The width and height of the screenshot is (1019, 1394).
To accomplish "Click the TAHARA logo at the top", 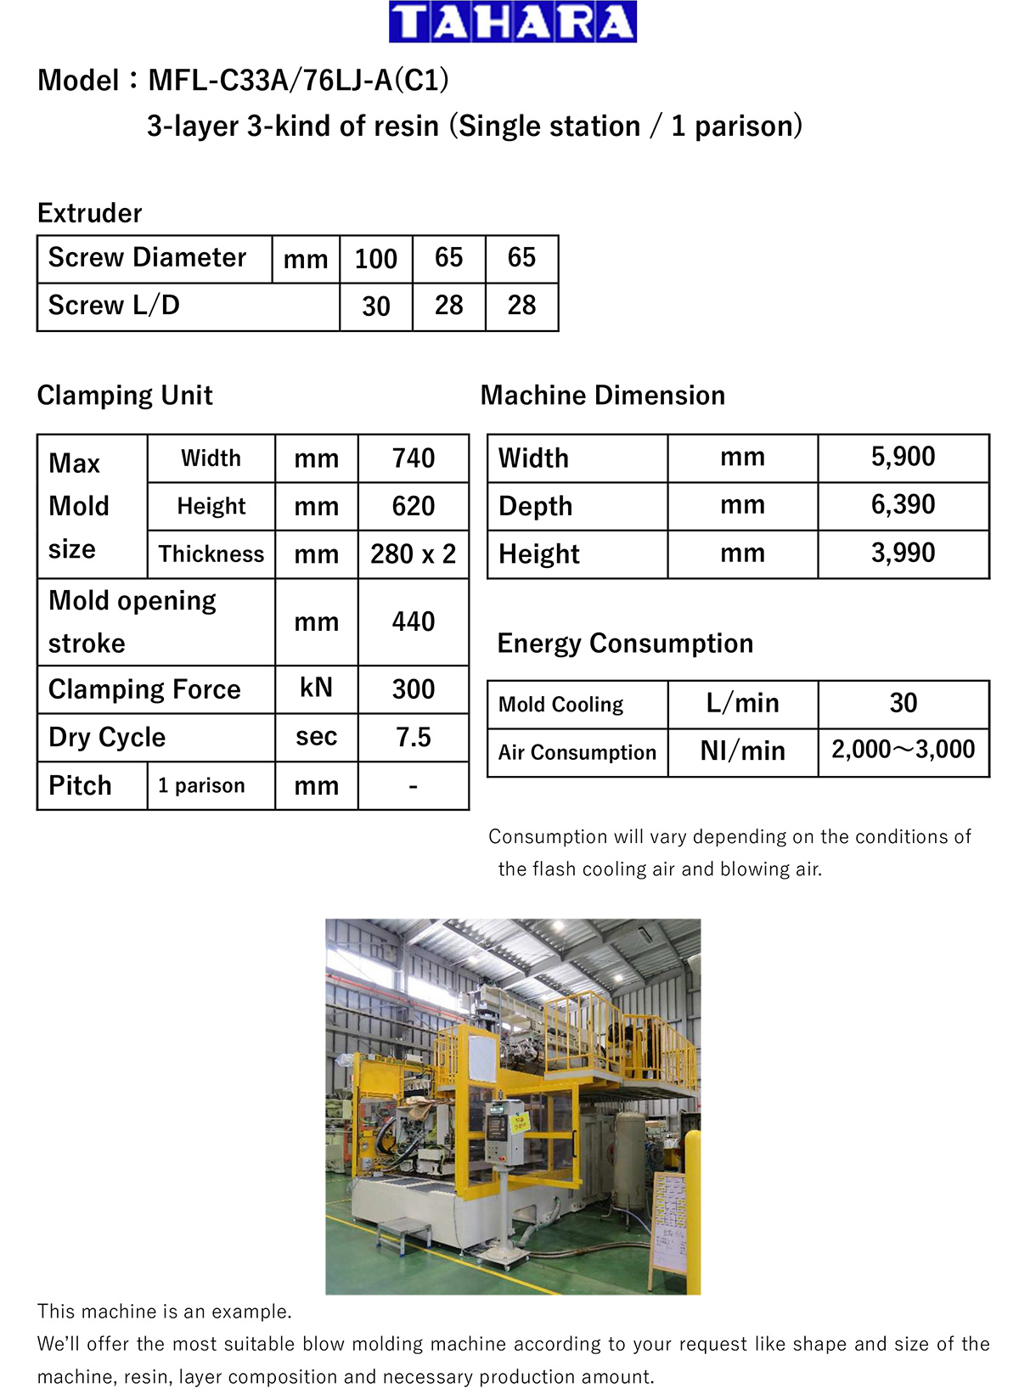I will pos(512,22).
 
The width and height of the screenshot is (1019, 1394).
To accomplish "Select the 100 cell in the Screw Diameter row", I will pos(375,258).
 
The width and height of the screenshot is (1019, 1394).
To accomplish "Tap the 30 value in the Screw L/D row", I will pos(375,306).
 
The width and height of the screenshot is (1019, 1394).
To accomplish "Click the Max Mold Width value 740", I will pos(413,458).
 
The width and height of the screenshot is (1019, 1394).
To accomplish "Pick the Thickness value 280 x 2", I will pos(413,554).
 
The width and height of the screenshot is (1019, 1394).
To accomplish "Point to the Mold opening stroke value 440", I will pos(413,621).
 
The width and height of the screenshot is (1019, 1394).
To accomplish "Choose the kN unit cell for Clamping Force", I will pos(316,688).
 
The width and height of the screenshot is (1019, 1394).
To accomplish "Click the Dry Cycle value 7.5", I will pos(413,737).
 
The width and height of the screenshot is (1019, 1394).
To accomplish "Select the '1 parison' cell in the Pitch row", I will pos(201,785).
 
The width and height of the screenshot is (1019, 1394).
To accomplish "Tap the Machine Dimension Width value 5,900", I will pos(903,457).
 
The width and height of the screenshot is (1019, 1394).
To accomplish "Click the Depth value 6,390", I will pos(903,505).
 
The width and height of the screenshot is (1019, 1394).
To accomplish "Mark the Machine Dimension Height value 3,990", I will pos(903,554).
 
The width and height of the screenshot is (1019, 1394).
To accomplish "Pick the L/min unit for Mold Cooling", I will pos(742,703).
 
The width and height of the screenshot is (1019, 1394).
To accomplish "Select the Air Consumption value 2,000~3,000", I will pos(903,750).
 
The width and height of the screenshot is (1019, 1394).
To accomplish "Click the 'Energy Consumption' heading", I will pos(625,644).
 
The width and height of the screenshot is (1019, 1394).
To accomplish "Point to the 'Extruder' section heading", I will pos(89,213).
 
